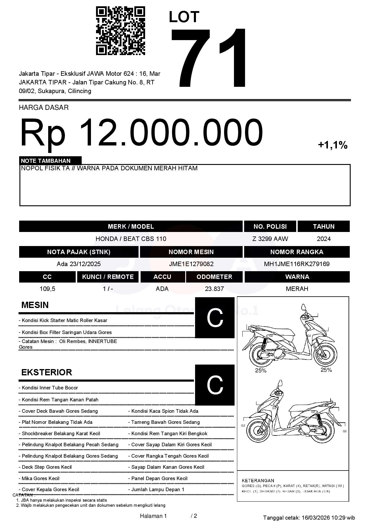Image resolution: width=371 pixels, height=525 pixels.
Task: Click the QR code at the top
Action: tap(120, 31)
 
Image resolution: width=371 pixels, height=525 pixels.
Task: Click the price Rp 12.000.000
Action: tap(141, 132)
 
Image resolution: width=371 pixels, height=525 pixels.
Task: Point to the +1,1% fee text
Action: tap(332, 145)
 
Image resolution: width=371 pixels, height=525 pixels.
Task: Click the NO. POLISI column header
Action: tap(270, 227)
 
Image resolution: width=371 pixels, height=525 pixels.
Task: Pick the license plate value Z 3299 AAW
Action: tap(270, 239)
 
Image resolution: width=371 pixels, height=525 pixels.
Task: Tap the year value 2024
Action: tap(323, 239)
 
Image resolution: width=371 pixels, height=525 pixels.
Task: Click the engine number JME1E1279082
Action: tap(191, 264)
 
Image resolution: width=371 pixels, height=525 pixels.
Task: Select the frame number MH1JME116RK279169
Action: tap(297, 264)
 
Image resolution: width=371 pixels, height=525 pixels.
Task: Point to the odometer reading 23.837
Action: tap(214, 289)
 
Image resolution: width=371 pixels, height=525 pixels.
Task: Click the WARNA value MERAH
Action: tap(297, 289)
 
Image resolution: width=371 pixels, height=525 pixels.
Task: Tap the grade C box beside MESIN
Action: tap(215, 318)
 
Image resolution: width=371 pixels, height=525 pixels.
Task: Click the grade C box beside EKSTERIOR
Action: tap(215, 385)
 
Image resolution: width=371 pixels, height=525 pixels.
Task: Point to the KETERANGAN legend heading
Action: tap(258, 480)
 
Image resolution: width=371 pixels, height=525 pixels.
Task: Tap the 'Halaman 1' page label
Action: tap(153, 516)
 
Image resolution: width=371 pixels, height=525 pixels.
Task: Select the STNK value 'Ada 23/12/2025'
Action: tap(79, 264)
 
